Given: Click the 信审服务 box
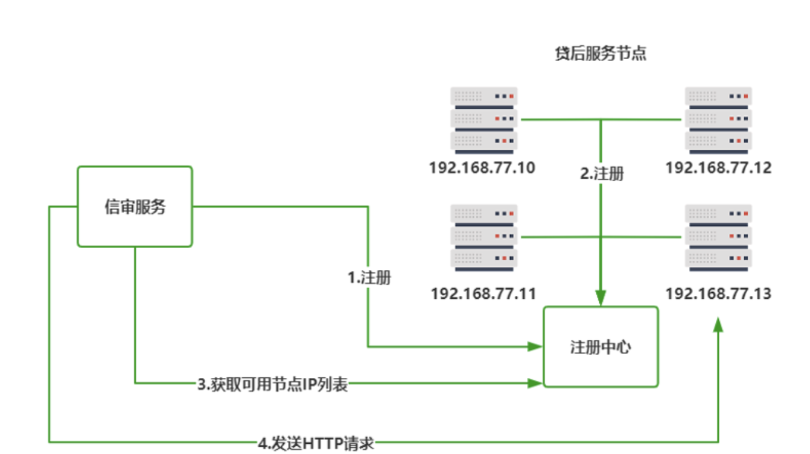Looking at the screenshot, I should pyautogui.click(x=135, y=206).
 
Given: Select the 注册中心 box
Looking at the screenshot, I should pyautogui.click(x=601, y=347).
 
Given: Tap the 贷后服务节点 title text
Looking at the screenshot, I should pyautogui.click(x=601, y=54).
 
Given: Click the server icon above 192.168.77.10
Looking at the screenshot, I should pyautogui.click(x=484, y=120).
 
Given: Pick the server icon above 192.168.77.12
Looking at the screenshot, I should pyautogui.click(x=718, y=120).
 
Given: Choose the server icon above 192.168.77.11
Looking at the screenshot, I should pyautogui.click(x=484, y=237).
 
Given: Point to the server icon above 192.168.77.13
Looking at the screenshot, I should pyautogui.click(x=718, y=237).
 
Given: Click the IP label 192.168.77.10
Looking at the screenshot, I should pyautogui.click(x=482, y=168).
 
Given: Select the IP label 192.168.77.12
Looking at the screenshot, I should pyautogui.click(x=718, y=168).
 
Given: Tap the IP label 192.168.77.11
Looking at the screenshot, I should pyautogui.click(x=483, y=294).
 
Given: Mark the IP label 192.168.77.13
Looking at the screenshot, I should pyautogui.click(x=718, y=294).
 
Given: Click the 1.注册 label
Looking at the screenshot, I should pyautogui.click(x=369, y=278).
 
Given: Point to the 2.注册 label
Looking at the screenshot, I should pyautogui.click(x=602, y=174).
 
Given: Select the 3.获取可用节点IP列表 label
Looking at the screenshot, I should pyautogui.click(x=273, y=385).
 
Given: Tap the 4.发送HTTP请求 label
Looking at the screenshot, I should pyautogui.click(x=316, y=444).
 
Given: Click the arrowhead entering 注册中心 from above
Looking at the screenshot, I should pyautogui.click(x=601, y=298).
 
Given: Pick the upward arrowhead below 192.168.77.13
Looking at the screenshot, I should pyautogui.click(x=718, y=326).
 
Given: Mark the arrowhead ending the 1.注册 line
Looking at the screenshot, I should pyautogui.click(x=534, y=347).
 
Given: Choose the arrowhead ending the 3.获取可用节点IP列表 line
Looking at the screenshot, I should pyautogui.click(x=534, y=383).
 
